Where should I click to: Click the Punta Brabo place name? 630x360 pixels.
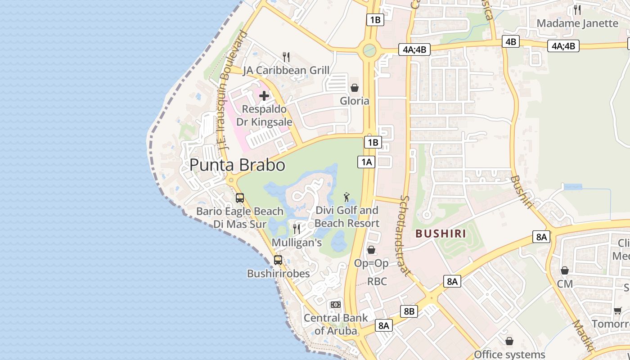tap(237, 165)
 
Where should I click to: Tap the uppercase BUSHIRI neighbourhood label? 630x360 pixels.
tap(441, 234)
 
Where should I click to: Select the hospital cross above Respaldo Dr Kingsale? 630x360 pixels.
tap(264, 96)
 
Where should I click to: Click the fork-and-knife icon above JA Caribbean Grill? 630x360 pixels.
tap(286, 57)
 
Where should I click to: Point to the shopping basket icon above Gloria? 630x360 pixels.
tap(355, 87)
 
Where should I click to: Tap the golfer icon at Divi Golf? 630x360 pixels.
tap(346, 197)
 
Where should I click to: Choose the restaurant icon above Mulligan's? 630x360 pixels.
tap(297, 229)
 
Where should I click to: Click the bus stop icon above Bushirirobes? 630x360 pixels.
tap(278, 260)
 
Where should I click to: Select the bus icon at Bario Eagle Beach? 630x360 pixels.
tap(240, 198)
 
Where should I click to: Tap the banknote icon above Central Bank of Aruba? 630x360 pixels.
tap(336, 305)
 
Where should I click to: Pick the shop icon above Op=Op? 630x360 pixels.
tap(371, 249)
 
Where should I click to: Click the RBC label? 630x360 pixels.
tap(377, 282)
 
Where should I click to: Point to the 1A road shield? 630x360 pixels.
tap(366, 162)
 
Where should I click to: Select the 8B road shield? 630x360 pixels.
tap(409, 311)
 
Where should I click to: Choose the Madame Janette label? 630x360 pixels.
tap(577, 23)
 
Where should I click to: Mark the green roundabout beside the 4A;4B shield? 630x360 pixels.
tap(369, 50)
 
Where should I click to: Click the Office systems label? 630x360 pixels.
tap(509, 355)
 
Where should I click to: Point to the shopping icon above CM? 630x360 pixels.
tap(565, 270)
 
